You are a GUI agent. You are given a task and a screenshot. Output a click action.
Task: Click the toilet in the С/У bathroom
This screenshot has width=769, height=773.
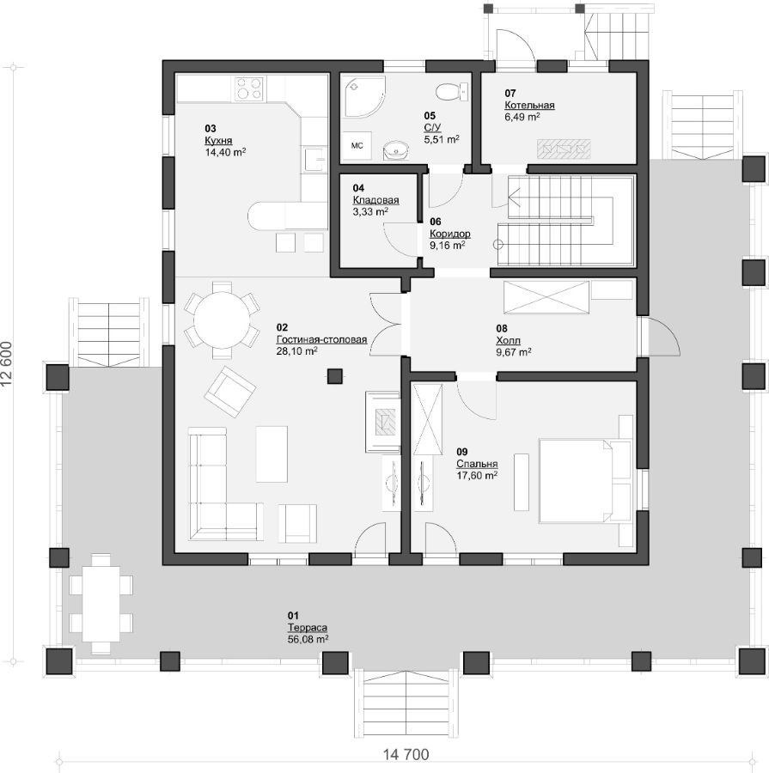click(x=452, y=91)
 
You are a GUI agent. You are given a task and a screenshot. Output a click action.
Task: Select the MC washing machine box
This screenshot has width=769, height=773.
click(x=357, y=146)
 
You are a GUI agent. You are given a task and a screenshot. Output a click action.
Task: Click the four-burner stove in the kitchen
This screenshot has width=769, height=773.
click(x=248, y=88)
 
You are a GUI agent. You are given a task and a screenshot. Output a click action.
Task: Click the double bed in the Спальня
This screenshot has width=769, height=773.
click(x=584, y=481)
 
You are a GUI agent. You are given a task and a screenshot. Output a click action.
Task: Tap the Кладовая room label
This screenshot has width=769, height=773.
click(x=375, y=201)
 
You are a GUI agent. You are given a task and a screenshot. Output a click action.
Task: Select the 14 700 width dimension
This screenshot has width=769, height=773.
click(x=406, y=754)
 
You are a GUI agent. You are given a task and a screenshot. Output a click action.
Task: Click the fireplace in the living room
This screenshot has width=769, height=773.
click(x=383, y=422)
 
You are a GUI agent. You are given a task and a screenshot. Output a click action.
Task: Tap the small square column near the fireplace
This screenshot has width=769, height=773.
click(x=335, y=376)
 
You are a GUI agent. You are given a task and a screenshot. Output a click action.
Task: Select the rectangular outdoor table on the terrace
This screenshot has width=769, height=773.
click(x=101, y=604)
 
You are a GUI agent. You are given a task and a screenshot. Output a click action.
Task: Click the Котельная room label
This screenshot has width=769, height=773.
click(x=529, y=106)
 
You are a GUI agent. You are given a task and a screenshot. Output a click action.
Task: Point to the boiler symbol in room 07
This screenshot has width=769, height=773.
click(x=564, y=149)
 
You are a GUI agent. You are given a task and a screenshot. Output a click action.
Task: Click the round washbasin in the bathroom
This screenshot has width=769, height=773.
click(x=395, y=149)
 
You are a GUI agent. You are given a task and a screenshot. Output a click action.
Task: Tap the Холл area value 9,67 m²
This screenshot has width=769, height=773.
click(x=514, y=352)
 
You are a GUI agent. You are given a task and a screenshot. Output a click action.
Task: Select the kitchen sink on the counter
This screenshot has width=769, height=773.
click(x=314, y=159)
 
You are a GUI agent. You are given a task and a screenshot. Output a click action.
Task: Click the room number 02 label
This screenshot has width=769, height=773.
click(x=282, y=328)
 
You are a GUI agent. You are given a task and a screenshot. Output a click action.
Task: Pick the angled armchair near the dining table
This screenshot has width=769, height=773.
click(x=230, y=392)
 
